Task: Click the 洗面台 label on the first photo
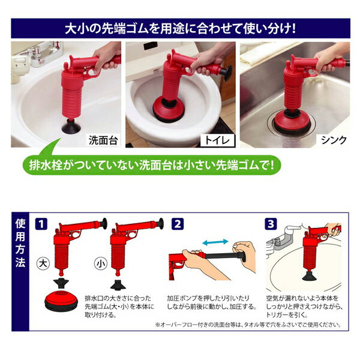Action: (x=103, y=140)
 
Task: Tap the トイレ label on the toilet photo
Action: (x=217, y=140)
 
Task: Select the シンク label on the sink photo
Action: (x=334, y=140)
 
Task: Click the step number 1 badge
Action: (x=41, y=224)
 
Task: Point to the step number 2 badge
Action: (x=178, y=224)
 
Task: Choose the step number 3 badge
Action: (x=271, y=224)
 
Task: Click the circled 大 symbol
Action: (x=43, y=263)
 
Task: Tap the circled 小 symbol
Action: (x=101, y=263)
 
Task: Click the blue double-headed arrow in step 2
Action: (x=215, y=242)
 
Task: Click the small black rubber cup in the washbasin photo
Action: (x=71, y=126)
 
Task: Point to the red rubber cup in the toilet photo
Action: (x=169, y=109)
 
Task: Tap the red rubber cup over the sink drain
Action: (x=292, y=122)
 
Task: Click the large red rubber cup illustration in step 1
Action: (x=62, y=300)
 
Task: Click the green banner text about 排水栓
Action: (x=152, y=165)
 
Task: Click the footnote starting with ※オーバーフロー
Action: (x=248, y=325)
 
